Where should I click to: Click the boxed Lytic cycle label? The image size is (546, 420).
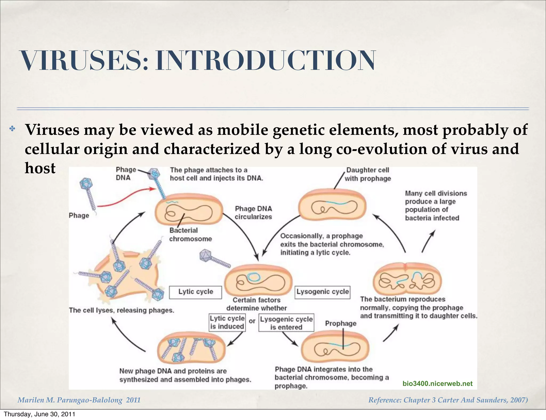point(195,292)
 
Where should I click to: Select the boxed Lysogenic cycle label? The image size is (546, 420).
point(322,292)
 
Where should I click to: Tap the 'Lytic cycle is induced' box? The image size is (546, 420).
point(227,322)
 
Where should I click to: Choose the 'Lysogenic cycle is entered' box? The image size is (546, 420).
point(286,323)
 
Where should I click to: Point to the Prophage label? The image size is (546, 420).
point(340,324)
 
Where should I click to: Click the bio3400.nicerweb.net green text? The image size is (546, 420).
point(437,383)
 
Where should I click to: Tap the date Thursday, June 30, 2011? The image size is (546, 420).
point(39,414)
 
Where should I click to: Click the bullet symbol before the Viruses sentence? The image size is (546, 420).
point(12,129)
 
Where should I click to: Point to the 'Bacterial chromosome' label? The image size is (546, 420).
point(190,235)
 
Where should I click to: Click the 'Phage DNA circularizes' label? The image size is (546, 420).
point(253,213)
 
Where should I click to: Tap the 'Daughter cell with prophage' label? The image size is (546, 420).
point(368,174)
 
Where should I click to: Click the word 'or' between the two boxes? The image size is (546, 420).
point(252,321)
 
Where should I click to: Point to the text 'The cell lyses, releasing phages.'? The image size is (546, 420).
point(121,310)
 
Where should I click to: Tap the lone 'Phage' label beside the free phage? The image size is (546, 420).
point(79,215)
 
